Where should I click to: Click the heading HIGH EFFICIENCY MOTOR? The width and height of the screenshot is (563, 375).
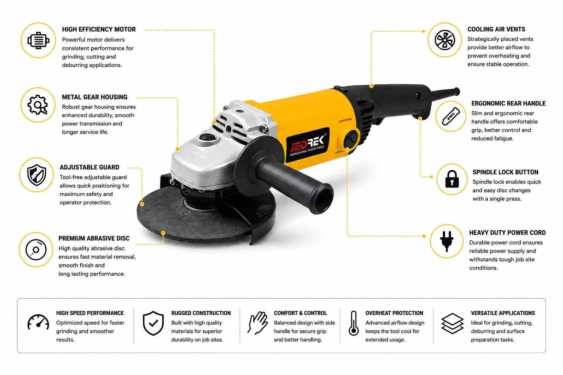pyautogui.click(x=99, y=29)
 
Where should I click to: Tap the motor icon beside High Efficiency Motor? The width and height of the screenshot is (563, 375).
pyautogui.click(x=38, y=40)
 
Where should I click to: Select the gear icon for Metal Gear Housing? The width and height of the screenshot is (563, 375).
pyautogui.click(x=38, y=105)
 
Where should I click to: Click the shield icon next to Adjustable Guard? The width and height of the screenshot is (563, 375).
pyautogui.click(x=37, y=175)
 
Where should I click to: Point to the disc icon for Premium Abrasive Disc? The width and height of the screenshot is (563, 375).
pyautogui.click(x=36, y=250)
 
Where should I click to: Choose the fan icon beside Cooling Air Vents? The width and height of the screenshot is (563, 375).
pyautogui.click(x=445, y=40)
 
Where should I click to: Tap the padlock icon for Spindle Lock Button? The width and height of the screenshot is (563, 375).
pyautogui.click(x=452, y=179)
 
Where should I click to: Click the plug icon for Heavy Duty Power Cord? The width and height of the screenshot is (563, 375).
pyautogui.click(x=447, y=241)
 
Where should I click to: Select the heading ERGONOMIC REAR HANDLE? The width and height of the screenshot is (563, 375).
pyautogui.click(x=508, y=104)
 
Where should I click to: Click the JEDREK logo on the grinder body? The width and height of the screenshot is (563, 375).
pyautogui.click(x=308, y=144)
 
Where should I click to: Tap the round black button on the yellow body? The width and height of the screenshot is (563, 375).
pyautogui.click(x=351, y=139)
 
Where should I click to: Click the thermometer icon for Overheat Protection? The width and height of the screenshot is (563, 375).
pyautogui.click(x=353, y=323)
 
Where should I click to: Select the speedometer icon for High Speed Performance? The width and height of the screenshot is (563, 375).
pyautogui.click(x=38, y=322)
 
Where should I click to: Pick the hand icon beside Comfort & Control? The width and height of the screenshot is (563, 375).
pyautogui.click(x=257, y=323)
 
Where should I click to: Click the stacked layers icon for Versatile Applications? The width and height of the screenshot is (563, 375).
pyautogui.click(x=452, y=323)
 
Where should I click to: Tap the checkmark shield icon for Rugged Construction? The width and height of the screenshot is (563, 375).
pyautogui.click(x=153, y=323)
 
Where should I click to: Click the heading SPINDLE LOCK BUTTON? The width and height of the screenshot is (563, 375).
pyautogui.click(x=505, y=172)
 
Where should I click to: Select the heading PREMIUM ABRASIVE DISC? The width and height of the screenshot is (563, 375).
pyautogui.click(x=94, y=238)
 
